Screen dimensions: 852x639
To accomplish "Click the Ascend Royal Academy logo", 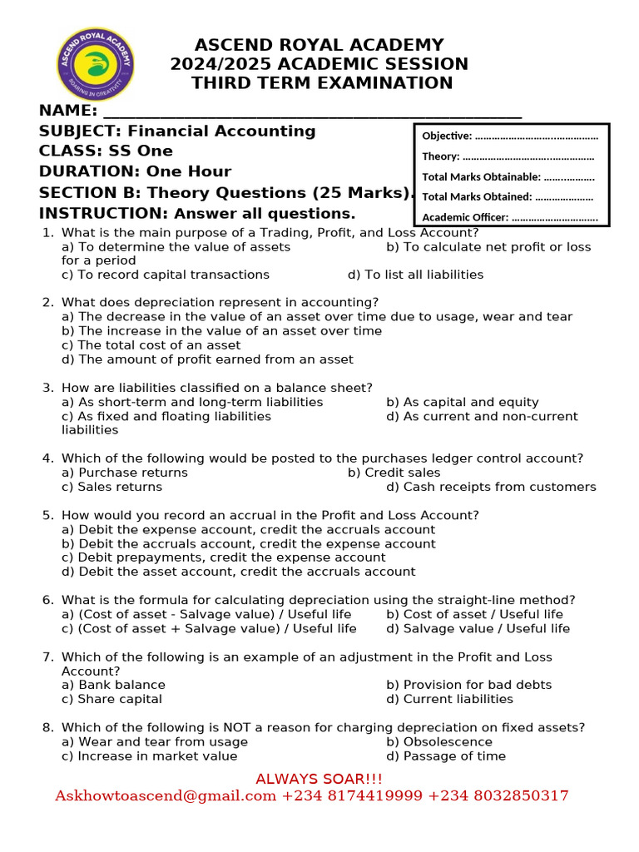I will (x=95, y=64).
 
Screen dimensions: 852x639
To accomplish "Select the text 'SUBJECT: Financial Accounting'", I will (x=177, y=131).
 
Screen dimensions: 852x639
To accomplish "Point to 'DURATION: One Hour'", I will (x=135, y=171).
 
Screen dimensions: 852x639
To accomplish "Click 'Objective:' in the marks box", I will (x=447, y=136).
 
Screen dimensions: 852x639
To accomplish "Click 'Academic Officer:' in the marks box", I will (x=465, y=217).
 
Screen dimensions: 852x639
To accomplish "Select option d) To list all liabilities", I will (x=415, y=275).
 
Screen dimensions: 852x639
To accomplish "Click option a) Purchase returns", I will (x=125, y=473).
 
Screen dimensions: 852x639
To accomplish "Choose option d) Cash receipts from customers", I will (x=491, y=487).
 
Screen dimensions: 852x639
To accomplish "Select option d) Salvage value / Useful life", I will (x=478, y=629).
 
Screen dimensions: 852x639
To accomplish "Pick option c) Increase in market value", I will (x=150, y=756).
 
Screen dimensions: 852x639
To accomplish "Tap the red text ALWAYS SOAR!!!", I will (x=319, y=779).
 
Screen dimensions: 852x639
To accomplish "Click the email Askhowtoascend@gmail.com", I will (x=166, y=796).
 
